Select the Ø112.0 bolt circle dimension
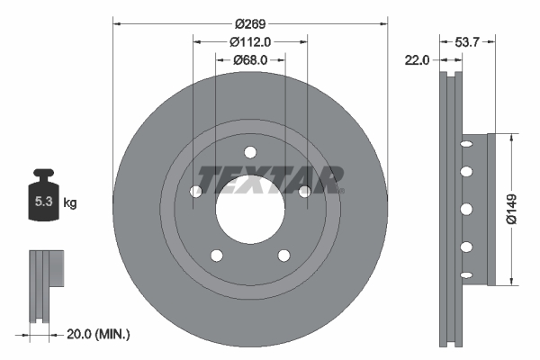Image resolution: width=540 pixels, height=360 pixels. (x=250, y=41)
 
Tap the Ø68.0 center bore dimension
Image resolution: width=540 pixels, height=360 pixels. (x=250, y=60)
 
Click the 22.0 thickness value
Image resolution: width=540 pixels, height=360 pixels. (x=417, y=60)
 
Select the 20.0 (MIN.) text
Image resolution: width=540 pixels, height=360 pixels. (x=99, y=334)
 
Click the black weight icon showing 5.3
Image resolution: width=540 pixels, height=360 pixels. (x=42, y=199)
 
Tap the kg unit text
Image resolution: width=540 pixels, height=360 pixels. (x=70, y=203)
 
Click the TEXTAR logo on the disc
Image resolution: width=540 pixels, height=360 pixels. (x=270, y=179)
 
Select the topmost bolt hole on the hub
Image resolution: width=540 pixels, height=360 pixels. (x=250, y=151)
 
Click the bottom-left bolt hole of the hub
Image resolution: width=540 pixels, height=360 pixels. (x=217, y=255)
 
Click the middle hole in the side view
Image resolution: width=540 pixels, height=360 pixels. (x=466, y=209)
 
